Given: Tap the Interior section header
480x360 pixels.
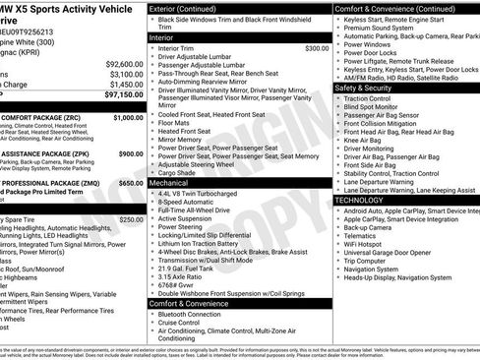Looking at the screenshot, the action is tap(162, 36).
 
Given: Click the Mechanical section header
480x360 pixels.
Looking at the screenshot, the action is tap(170, 182).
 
